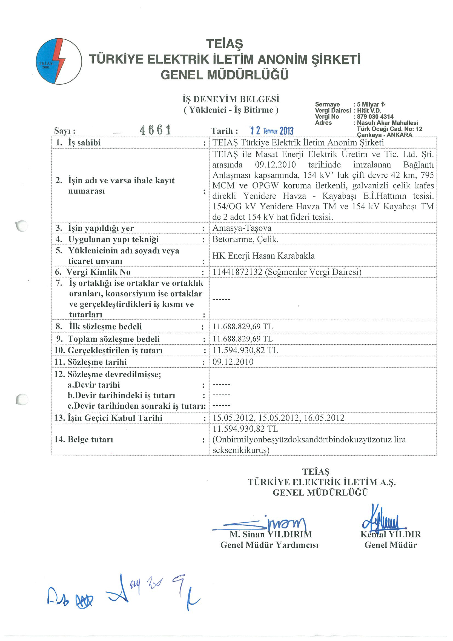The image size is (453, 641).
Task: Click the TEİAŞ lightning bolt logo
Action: [59, 61]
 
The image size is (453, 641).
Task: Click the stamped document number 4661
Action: [155, 130]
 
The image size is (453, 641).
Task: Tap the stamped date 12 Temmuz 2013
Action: [271, 130]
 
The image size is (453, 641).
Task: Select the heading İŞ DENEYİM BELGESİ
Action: [231, 99]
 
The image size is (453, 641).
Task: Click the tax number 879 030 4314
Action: [375, 117]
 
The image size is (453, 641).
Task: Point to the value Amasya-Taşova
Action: [242, 228]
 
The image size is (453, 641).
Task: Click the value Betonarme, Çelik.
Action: [245, 239]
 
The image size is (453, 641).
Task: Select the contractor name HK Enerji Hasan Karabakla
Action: [263, 256]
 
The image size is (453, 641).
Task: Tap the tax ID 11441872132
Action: [237, 272]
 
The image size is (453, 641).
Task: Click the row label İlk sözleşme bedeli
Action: [105, 326]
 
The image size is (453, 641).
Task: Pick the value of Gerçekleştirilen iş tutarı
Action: [245, 350]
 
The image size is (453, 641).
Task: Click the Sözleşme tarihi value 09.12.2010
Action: [233, 362]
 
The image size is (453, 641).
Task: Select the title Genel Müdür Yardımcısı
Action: [269, 545]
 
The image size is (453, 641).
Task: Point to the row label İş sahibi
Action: [84, 143]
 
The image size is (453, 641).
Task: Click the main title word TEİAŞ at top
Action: [224, 44]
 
